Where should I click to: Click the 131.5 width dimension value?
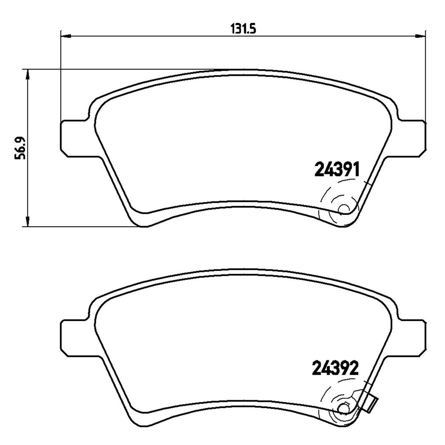click(243, 29)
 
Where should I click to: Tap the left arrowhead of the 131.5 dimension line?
click(66, 36)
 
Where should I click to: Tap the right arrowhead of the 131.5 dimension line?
click(420, 36)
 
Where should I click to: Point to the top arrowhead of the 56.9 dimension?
click(27, 74)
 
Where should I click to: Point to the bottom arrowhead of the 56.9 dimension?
click(27, 221)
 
